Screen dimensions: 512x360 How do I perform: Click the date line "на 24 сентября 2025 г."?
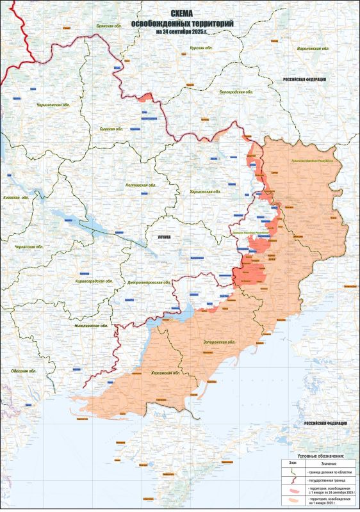(182, 31)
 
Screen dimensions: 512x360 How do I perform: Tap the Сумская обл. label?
(109, 129)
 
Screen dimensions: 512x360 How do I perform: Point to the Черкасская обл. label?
(28, 246)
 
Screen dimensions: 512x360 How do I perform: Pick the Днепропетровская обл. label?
(148, 282)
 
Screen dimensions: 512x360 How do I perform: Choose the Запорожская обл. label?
(219, 342)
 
